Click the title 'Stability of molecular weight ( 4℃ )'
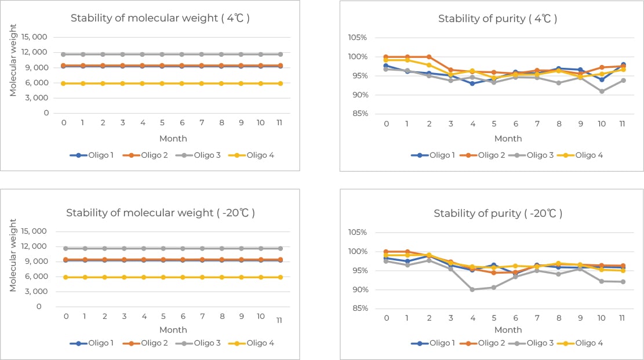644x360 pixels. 160,18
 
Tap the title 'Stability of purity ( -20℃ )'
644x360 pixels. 498,213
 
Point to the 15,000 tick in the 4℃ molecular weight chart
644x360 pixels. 35,37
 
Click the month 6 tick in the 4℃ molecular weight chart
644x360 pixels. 181,123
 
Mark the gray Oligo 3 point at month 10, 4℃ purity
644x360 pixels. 602,92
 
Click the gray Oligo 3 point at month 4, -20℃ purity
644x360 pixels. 472,289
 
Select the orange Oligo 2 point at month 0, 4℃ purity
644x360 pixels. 386,57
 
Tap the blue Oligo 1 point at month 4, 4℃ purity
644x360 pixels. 472,83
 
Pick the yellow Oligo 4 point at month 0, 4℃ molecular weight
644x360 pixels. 63,83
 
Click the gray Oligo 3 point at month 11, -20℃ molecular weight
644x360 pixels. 281,248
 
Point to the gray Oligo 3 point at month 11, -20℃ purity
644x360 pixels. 623,282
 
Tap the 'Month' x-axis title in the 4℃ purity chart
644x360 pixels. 508,139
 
